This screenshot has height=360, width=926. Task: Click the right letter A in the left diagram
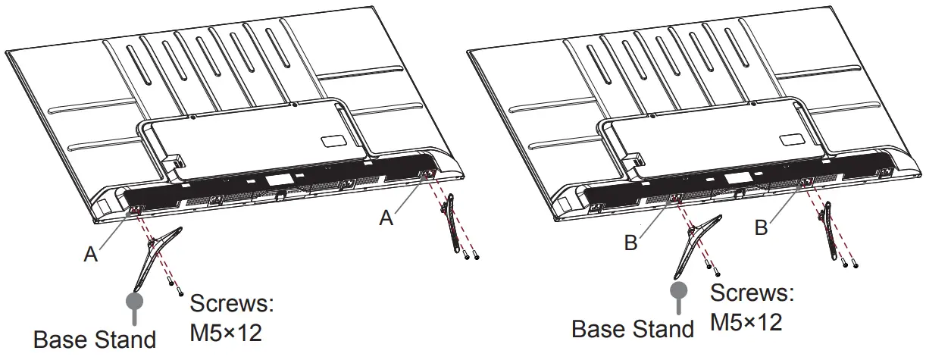[x=386, y=218]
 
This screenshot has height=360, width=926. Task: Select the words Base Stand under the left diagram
[x=95, y=339]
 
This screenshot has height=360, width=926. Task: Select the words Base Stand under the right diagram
[x=632, y=329]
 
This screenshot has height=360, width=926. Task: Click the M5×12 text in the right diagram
[x=746, y=322]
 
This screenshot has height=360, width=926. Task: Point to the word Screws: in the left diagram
[x=231, y=305]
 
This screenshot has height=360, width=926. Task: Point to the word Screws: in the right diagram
[x=752, y=294]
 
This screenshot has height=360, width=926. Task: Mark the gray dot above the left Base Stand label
[x=135, y=299]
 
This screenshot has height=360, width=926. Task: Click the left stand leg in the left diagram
[x=155, y=258]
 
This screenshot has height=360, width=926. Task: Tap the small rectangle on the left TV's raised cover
[x=331, y=141]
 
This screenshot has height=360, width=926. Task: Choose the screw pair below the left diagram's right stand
[x=471, y=256]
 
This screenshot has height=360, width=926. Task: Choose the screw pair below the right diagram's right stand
[x=849, y=261]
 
